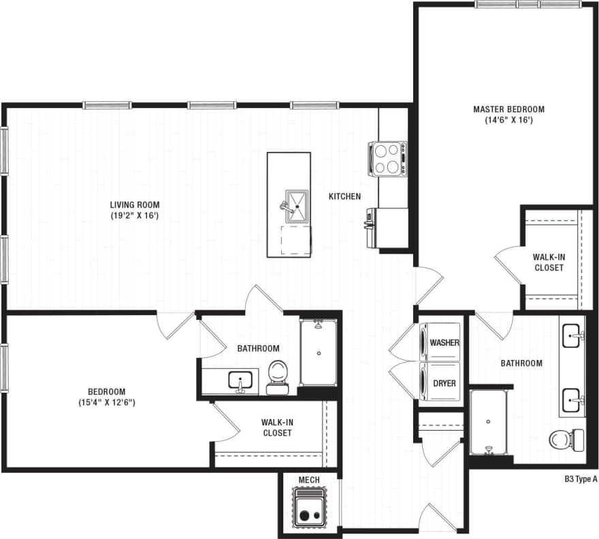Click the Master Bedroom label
coord(508,109)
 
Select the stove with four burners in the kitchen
coord(388,159)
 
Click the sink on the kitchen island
coord(297,205)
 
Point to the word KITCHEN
coord(344,197)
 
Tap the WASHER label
coord(444,343)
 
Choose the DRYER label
coord(444,384)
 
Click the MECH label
coord(309,480)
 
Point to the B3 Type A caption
coord(581,479)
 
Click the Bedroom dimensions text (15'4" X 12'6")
coord(107,402)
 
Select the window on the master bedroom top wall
coord(527,4)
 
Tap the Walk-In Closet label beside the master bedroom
coord(548,262)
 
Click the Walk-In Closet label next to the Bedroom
coord(276,427)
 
